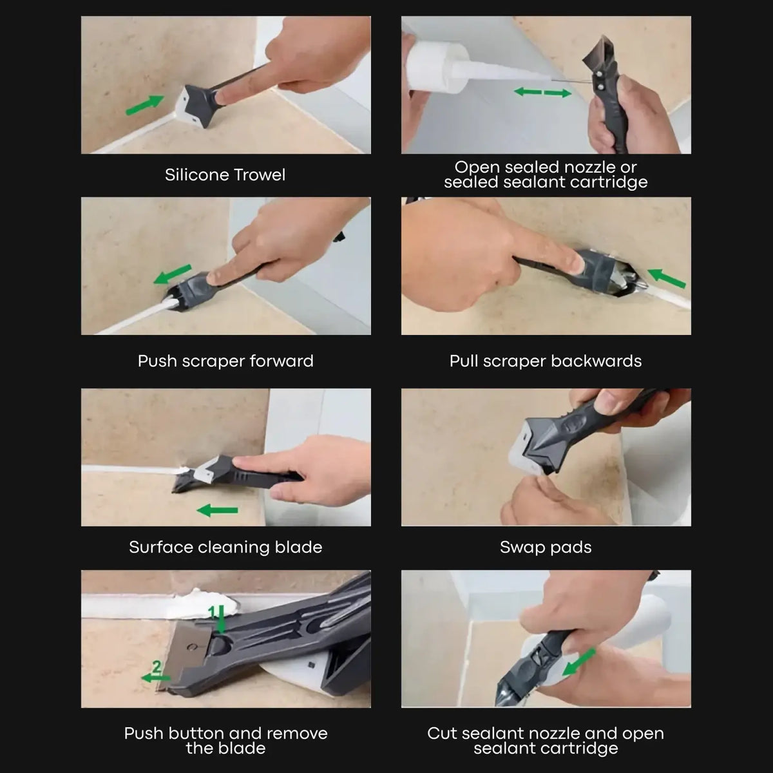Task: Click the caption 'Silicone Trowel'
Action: [x=225, y=175]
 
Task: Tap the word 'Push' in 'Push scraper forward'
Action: [x=157, y=361]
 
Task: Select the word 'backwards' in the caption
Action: [x=596, y=361]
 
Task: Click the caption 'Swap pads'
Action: [x=546, y=547]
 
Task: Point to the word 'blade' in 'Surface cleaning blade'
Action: [x=298, y=547]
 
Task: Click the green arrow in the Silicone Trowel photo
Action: [x=145, y=105]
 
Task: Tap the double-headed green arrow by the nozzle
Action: [x=543, y=93]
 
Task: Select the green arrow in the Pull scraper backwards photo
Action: [x=666, y=278]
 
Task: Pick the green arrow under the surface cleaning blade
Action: [x=217, y=511]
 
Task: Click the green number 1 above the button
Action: [x=212, y=612]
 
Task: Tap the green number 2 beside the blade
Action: [x=156, y=667]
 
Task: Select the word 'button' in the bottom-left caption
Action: [x=198, y=733]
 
